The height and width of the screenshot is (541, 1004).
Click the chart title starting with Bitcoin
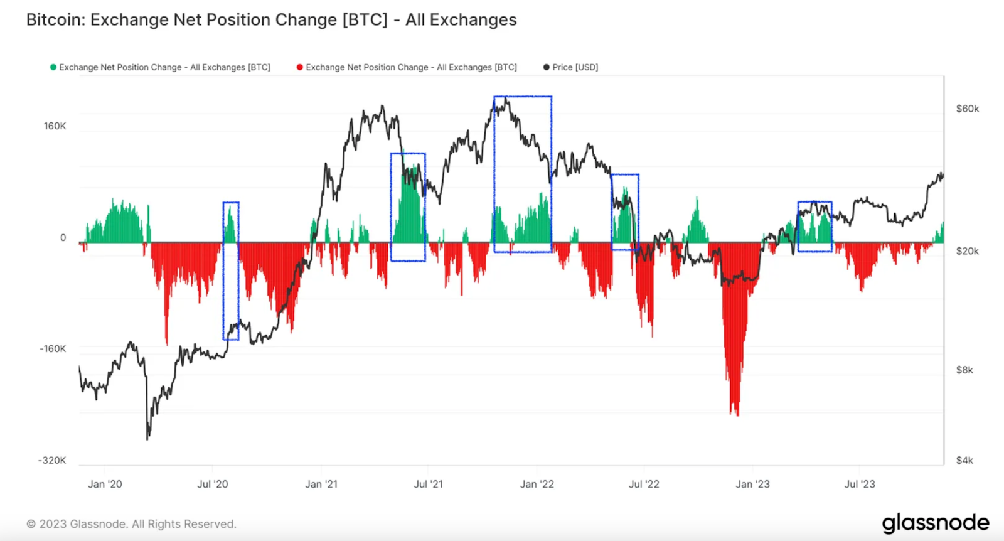(x=271, y=20)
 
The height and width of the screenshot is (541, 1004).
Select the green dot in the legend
(x=53, y=67)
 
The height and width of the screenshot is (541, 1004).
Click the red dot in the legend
(x=300, y=67)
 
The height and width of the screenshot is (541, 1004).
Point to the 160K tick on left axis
(x=55, y=126)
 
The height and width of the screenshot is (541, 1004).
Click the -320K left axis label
(x=52, y=461)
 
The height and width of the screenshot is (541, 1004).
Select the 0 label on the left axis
(x=63, y=238)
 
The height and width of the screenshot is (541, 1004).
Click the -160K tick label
(x=53, y=349)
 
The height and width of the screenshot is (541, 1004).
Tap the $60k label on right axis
(x=967, y=109)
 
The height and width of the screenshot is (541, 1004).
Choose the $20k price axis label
(x=967, y=251)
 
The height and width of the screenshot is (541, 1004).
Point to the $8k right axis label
(x=964, y=370)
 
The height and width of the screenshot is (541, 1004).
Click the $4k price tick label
(x=964, y=461)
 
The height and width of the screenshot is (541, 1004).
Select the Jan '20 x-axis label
(x=105, y=485)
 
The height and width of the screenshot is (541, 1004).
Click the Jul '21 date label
(x=428, y=485)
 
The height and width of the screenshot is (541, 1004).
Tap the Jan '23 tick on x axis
(x=752, y=485)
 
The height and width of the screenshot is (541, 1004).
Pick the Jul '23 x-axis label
(x=859, y=485)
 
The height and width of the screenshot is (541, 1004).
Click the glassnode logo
(x=935, y=523)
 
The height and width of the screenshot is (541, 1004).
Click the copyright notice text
(x=132, y=524)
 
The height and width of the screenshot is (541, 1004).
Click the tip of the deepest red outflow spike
(x=737, y=415)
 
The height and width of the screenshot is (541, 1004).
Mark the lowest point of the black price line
(x=147, y=439)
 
